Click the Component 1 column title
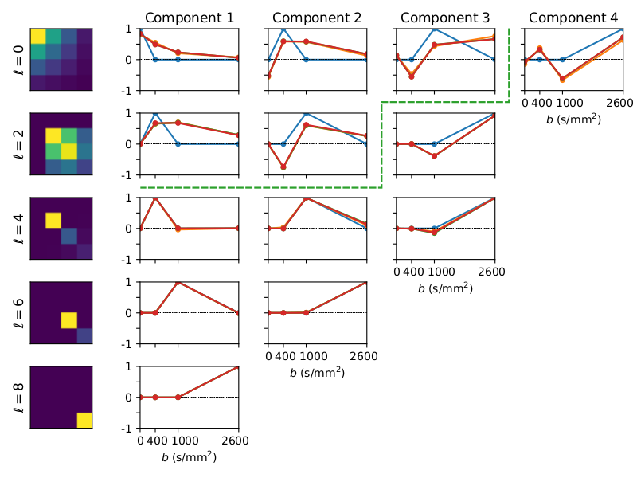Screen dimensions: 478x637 (x=189, y=17)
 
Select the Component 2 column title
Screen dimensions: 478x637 (x=316, y=17)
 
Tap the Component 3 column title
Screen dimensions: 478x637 (x=444, y=17)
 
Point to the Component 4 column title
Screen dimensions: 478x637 (x=572, y=17)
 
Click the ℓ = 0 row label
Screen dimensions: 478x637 (x=20, y=60)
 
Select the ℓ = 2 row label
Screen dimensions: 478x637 (x=20, y=144)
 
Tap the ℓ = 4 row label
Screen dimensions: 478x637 (x=20, y=229)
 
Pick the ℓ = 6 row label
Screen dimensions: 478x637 (x=20, y=313)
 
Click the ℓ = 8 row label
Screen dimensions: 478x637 (x=20, y=398)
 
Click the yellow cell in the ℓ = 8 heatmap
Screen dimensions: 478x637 (x=84, y=421)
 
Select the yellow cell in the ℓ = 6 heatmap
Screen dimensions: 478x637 (x=69, y=320)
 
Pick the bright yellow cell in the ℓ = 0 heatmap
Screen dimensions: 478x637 (x=38, y=36)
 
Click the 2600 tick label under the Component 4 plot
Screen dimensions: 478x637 (x=620, y=104)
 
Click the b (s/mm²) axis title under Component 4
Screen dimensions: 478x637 (x=572, y=119)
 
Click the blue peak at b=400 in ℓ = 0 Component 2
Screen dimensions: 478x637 (x=283, y=29)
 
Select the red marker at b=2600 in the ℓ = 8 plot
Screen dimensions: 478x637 (x=238, y=366)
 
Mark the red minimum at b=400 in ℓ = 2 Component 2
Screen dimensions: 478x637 (x=283, y=167)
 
